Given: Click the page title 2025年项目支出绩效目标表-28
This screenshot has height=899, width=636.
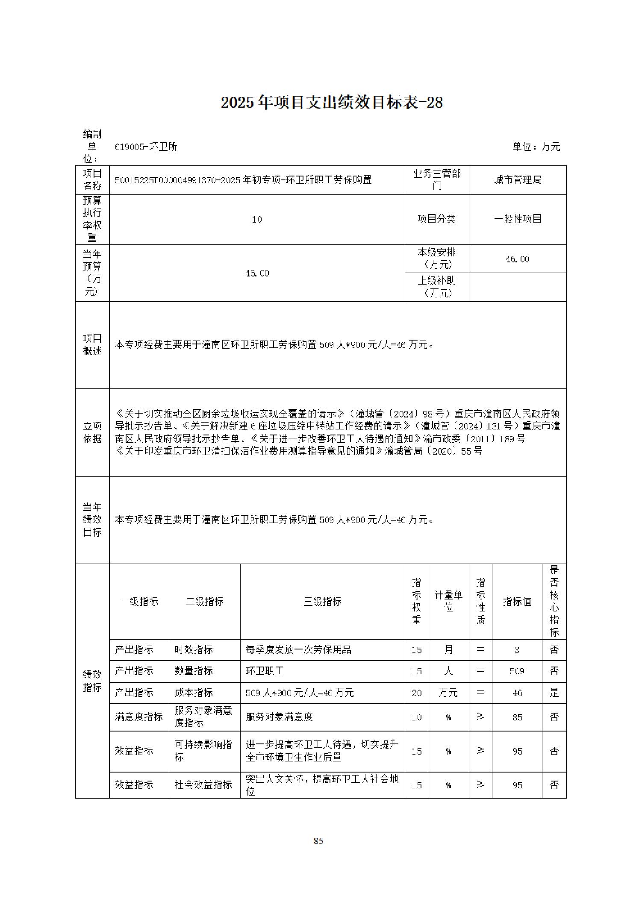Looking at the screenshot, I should click(331, 103).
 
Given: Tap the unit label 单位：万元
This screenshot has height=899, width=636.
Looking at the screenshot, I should click(536, 147).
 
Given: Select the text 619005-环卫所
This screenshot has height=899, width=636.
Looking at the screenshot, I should click(146, 147).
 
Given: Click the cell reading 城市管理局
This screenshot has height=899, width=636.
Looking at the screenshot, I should click(517, 180).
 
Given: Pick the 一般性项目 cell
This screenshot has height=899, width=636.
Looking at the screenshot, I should click(517, 219).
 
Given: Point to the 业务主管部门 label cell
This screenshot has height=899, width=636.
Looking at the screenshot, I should click(436, 180).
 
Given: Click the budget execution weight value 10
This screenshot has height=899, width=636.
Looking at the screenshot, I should click(256, 220).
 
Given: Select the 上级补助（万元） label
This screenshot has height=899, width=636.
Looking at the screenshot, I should click(436, 287).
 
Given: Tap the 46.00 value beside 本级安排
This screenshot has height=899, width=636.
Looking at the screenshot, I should click(517, 259).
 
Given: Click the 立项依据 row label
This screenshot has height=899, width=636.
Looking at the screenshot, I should click(92, 432).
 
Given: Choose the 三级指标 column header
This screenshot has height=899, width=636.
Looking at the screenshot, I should click(322, 602).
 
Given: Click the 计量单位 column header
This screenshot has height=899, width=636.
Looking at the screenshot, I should click(448, 601).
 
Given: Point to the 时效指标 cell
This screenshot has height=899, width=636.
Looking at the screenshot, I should click(194, 650).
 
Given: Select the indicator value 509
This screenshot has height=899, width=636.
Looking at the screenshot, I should click(517, 671).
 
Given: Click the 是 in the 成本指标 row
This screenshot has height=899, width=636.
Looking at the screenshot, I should click(554, 693).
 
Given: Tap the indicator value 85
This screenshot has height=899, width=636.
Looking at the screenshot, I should click(517, 717).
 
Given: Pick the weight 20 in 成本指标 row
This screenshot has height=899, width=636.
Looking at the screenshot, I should click(416, 693).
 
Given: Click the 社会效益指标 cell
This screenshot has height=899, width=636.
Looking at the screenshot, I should click(203, 785).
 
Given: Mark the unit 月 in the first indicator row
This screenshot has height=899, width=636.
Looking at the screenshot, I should click(448, 650).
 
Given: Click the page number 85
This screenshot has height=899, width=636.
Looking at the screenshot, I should click(318, 841).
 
